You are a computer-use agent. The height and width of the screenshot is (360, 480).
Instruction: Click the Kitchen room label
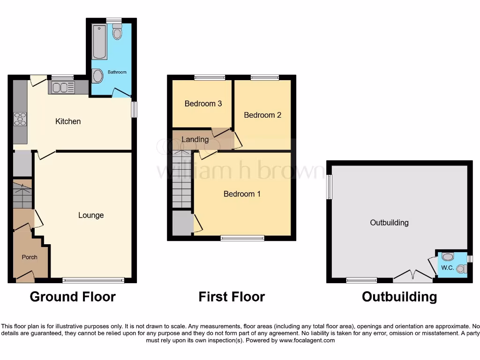[68, 121]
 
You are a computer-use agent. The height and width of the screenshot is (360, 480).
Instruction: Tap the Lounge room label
[91, 215]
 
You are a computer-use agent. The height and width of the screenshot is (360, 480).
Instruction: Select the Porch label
[30, 257]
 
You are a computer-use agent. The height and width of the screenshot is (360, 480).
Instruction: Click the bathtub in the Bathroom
[99, 42]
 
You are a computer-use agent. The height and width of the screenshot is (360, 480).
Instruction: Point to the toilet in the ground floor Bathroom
[117, 32]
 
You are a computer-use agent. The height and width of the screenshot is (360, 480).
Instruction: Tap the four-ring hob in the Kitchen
[20, 119]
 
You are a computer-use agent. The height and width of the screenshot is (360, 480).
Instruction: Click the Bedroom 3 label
[203, 104]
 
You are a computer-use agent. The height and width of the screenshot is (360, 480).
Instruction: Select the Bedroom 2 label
[262, 115]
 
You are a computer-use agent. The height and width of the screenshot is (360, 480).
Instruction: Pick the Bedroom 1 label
[242, 194]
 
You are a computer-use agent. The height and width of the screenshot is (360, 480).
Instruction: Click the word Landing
[195, 139]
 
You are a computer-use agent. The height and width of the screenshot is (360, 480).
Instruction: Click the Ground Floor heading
[73, 297]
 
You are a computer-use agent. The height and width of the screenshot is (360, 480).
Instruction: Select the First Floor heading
[232, 297]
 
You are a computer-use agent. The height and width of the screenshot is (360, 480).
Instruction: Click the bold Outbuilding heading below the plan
[399, 297]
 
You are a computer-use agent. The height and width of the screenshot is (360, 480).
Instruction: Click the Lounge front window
[93, 280]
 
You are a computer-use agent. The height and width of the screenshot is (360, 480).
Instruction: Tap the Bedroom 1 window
[242, 238]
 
